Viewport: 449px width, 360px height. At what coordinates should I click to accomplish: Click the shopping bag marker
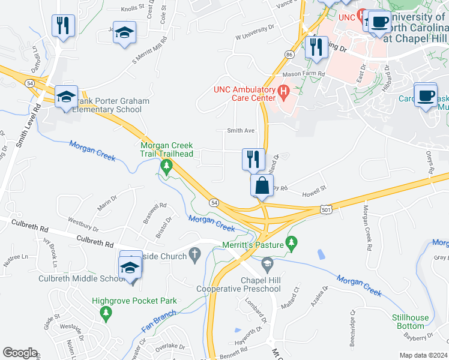click(262, 185)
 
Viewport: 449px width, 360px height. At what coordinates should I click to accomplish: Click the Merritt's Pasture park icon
click(291, 243)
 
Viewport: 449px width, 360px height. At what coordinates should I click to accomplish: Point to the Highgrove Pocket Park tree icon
click(106, 313)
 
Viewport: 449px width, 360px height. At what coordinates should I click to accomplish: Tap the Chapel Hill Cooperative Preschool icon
click(267, 263)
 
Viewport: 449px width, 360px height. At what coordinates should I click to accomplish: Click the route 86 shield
click(289, 55)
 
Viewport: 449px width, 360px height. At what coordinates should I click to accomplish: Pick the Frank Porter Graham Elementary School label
click(111, 106)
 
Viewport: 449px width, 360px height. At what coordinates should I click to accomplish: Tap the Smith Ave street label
click(240, 130)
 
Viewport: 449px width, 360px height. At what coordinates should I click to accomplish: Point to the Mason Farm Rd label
click(304, 74)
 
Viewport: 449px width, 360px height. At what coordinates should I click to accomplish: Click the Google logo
click(20, 353)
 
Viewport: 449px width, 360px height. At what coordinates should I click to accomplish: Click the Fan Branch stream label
click(160, 319)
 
